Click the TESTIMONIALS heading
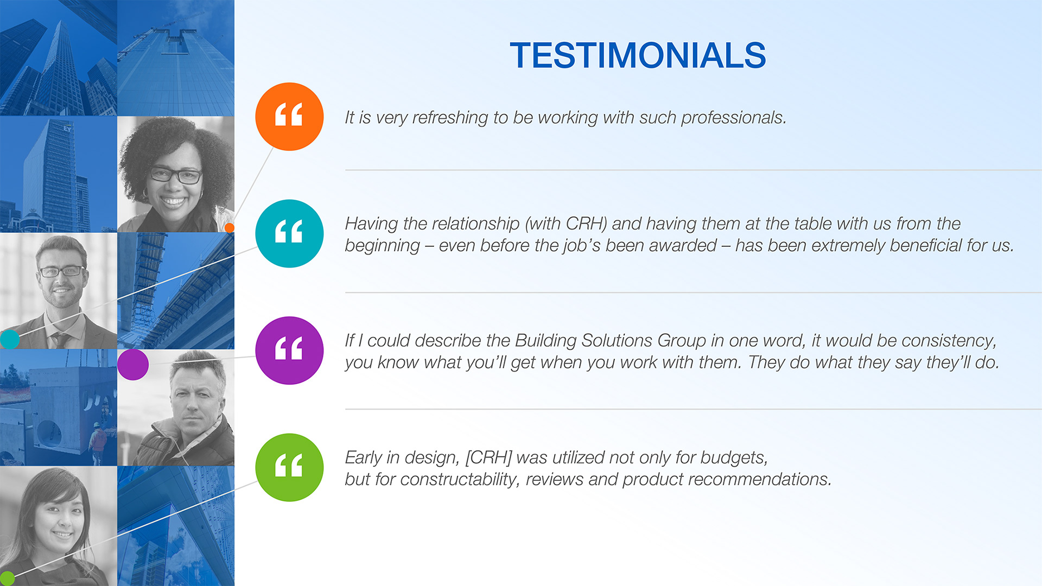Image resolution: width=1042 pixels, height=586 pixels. (638, 55)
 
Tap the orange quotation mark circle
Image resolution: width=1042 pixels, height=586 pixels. (289, 117)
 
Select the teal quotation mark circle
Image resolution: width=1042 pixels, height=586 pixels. (289, 233)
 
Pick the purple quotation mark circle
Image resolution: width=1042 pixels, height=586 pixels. (289, 351)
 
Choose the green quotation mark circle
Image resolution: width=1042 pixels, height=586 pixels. (289, 467)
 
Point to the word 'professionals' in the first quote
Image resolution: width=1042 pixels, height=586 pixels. (733, 118)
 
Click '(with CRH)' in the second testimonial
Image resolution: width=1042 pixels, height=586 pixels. (566, 224)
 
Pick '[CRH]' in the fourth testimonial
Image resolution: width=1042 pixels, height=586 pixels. (488, 457)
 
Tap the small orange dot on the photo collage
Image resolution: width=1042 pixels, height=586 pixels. (230, 228)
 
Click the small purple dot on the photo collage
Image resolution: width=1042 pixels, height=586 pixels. (133, 365)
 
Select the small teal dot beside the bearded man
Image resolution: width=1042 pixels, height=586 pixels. (9, 339)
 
